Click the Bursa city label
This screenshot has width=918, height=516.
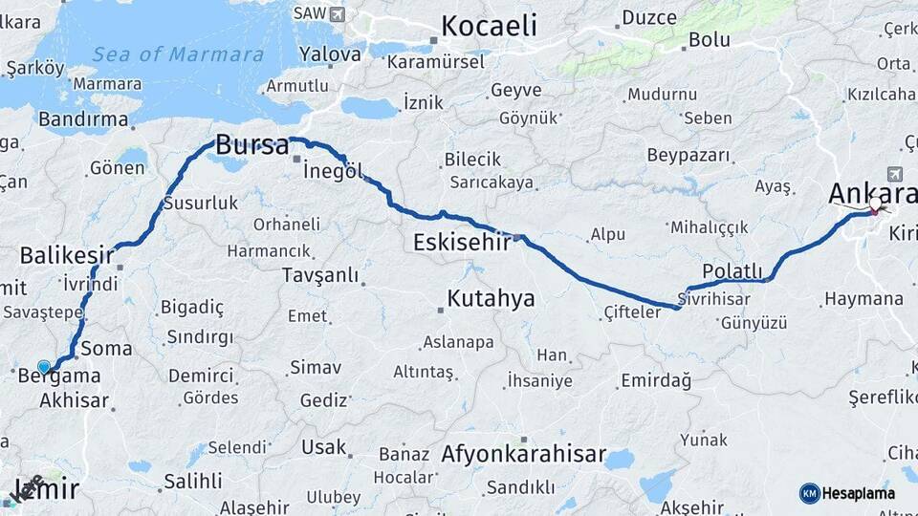(251, 146)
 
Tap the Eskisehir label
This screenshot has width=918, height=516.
(464, 243)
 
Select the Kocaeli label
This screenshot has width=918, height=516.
(489, 26)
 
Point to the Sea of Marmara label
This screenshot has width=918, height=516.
(178, 54)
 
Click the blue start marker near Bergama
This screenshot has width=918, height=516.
(43, 367)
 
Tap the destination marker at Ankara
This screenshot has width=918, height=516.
(874, 204)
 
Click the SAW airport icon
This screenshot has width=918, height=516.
(337, 13)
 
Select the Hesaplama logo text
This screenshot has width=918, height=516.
(859, 493)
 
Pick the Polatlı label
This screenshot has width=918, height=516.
(732, 271)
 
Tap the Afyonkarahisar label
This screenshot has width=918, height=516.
(524, 453)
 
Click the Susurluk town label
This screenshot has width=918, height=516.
(200, 203)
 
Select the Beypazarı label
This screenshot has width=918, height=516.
(688, 155)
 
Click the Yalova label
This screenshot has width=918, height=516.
(330, 54)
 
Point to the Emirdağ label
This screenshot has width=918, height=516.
(656, 380)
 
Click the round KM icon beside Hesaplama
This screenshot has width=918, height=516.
(810, 493)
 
